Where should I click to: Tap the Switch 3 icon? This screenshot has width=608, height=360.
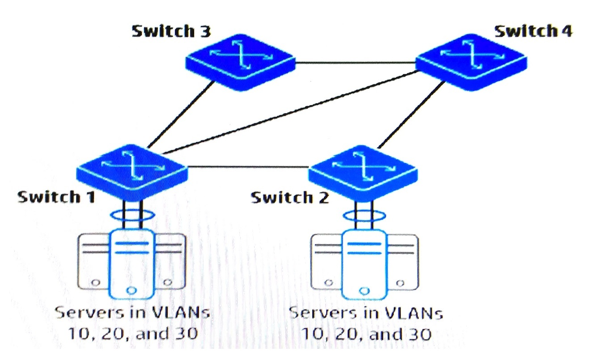(240, 62)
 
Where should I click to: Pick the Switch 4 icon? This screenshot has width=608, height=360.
(471, 62)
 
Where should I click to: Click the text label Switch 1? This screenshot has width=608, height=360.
(56, 196)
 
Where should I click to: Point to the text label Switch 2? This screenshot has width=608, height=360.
(289, 197)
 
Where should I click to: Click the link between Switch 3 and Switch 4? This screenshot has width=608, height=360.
(356, 62)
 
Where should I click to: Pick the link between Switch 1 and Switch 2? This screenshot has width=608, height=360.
(248, 167)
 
